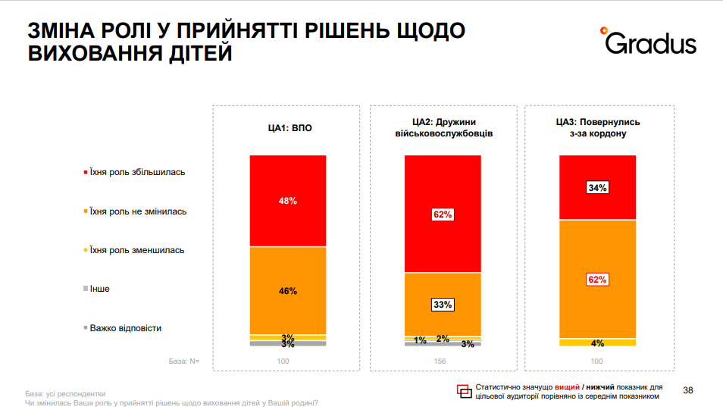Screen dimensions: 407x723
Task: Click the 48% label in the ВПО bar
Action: click(288, 201)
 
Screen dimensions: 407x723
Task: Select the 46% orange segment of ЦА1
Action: click(288, 290)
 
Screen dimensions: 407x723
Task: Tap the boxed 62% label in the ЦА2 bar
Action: click(443, 214)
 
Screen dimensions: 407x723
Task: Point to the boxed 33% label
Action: click(443, 305)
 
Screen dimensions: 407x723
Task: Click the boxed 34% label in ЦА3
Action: click(597, 187)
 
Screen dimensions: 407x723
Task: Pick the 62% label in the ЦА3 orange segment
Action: click(597, 280)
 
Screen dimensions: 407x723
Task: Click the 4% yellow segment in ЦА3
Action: click(597, 343)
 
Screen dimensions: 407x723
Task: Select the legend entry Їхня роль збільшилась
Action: click(137, 172)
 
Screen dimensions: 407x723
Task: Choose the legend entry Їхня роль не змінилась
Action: click(137, 211)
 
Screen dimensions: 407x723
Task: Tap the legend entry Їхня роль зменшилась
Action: click(137, 250)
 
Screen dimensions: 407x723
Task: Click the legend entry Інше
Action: click(99, 289)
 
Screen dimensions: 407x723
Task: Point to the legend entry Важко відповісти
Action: click(125, 328)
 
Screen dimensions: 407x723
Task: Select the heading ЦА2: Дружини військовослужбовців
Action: click(443, 127)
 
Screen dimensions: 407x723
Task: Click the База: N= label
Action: click(183, 361)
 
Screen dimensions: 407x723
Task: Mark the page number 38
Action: click(688, 390)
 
